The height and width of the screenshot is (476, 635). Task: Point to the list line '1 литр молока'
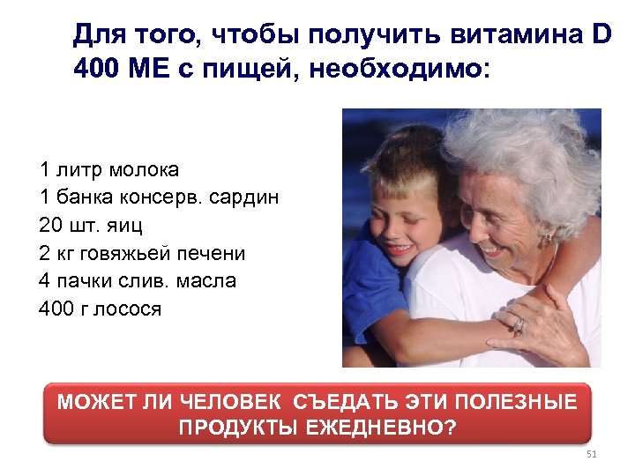pyautogui.click(x=108, y=168)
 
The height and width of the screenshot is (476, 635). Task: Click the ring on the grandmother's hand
pyautogui.click(x=518, y=325)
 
